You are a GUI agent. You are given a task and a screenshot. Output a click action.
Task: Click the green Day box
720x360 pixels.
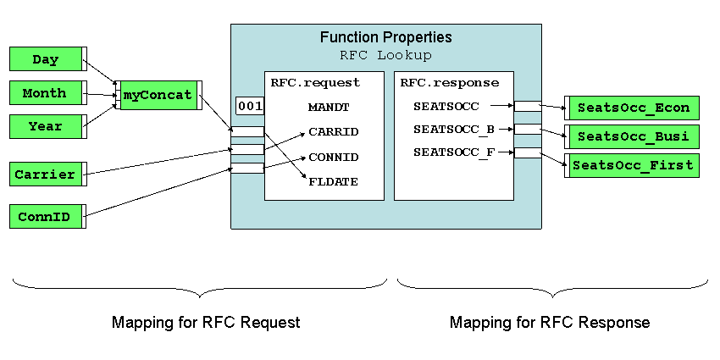tap(47, 58)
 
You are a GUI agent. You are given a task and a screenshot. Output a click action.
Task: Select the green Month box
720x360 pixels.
tap(47, 93)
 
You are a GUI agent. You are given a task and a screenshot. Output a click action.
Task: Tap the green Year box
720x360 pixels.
tap(47, 126)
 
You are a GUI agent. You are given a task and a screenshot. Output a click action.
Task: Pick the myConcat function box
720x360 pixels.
tap(159, 95)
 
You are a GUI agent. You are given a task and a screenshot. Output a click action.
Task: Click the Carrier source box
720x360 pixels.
tap(47, 174)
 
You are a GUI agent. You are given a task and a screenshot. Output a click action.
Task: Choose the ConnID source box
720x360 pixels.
tap(47, 216)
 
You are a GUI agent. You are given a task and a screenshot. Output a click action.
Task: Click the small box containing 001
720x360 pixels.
tap(250, 106)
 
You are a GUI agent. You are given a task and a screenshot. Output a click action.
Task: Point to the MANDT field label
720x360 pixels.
tap(329, 108)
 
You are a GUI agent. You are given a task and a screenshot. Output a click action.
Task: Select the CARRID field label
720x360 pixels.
tap(334, 132)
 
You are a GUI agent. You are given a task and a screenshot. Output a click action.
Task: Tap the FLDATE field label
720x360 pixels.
tap(334, 182)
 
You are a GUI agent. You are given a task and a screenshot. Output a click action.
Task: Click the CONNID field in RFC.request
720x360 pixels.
tap(334, 158)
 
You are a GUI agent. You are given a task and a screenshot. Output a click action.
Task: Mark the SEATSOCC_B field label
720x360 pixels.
tap(454, 130)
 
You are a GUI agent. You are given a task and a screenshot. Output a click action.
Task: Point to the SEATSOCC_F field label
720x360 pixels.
tap(454, 152)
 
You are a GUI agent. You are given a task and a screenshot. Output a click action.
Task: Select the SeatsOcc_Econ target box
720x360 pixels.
tap(632, 108)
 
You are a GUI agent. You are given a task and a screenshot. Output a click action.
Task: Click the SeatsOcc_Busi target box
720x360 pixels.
tap(632, 136)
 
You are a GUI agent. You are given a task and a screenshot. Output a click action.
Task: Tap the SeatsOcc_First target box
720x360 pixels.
tap(632, 165)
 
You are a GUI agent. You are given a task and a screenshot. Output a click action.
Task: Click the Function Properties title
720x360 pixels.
tap(385, 37)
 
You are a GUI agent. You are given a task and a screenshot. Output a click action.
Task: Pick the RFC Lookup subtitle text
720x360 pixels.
tap(385, 56)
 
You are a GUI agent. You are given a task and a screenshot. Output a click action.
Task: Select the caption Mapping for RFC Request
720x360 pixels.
tap(206, 322)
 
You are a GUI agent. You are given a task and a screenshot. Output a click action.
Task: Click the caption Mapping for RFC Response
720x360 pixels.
tap(550, 322)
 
